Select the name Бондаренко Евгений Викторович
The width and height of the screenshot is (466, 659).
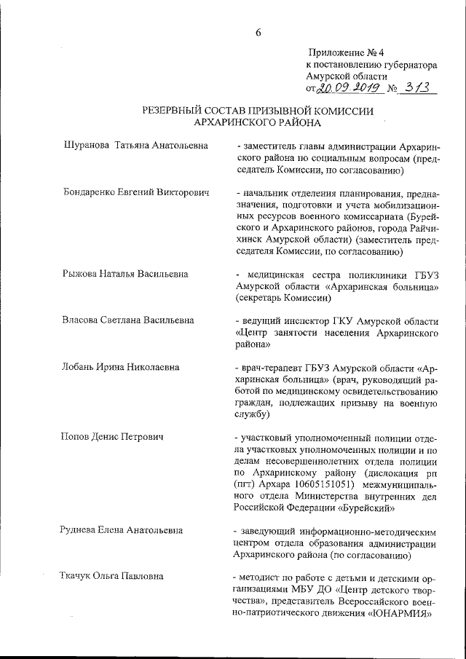click(x=135, y=193)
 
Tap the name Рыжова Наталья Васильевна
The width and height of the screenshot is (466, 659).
click(x=125, y=274)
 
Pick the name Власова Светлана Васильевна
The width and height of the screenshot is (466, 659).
click(x=129, y=320)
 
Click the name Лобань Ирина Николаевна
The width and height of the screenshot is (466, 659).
click(x=121, y=367)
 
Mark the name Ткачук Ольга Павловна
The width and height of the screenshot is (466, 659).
click(x=112, y=576)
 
